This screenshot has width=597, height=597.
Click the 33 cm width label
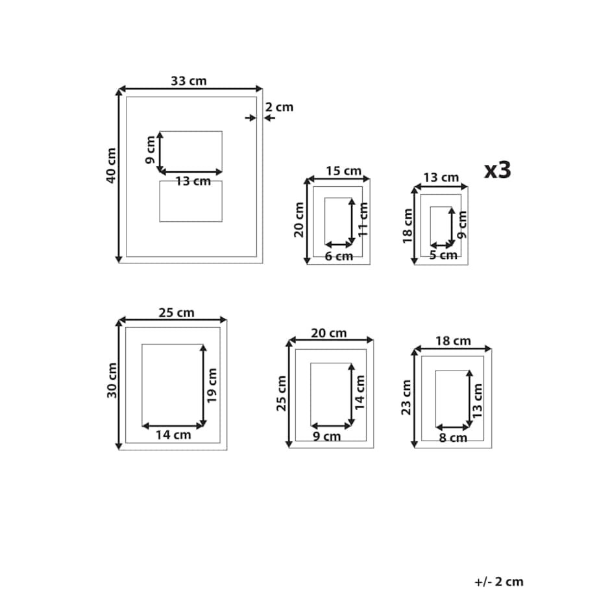tap(188, 81)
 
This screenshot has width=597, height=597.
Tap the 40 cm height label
tap(111, 165)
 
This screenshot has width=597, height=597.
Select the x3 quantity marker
tap(498, 170)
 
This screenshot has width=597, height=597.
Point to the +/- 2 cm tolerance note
tap(499, 582)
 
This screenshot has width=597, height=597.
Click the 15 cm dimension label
tap(343, 171)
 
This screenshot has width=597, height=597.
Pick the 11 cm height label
tap(363, 219)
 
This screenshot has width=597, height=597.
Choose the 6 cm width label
tap(339, 256)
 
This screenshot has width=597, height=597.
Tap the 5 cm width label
tap(443, 255)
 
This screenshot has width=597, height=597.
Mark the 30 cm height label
tap(112, 381)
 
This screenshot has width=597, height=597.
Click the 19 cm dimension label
tap(212, 385)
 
